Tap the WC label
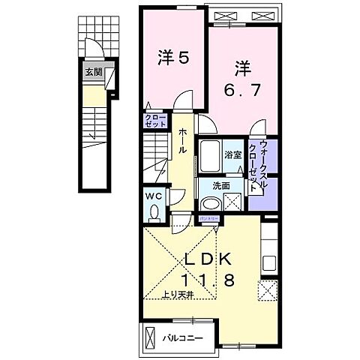coord(154,196)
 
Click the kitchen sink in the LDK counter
coord(268,264)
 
